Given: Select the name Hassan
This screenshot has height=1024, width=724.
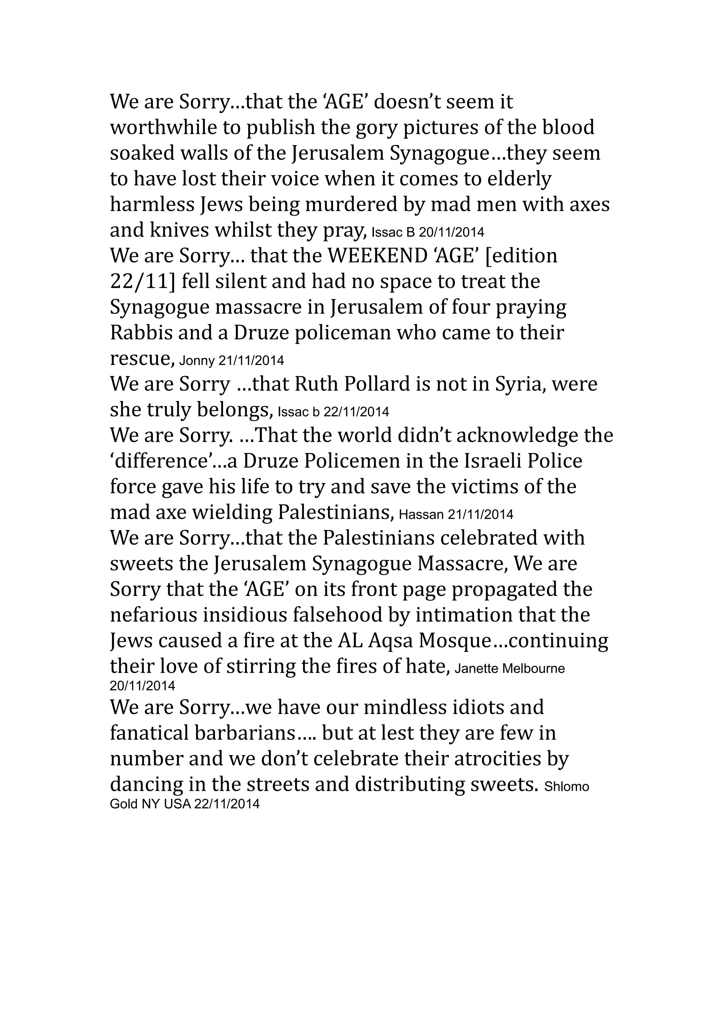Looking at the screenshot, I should [421, 515].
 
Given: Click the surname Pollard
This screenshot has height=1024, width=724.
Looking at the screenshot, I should [376, 384].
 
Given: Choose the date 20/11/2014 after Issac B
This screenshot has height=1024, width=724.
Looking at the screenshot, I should [451, 233].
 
